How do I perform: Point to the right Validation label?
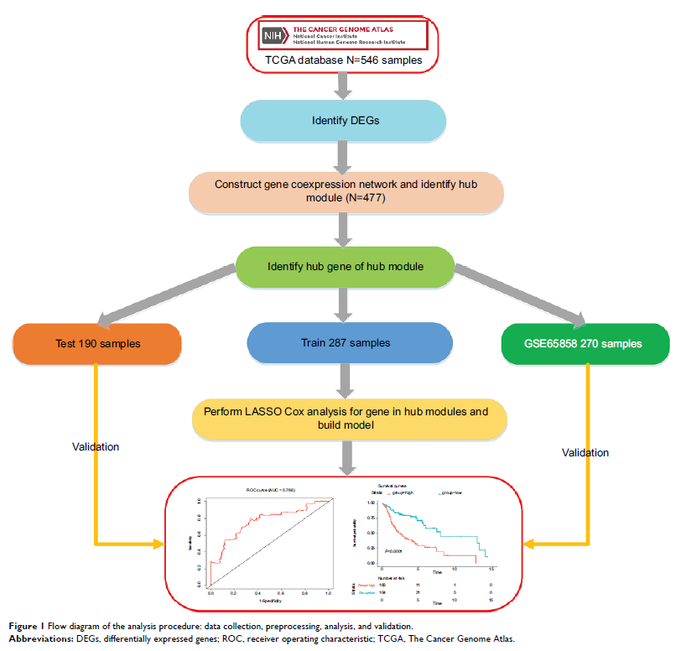coord(585,452)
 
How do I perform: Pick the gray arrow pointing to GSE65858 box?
coord(520,297)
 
